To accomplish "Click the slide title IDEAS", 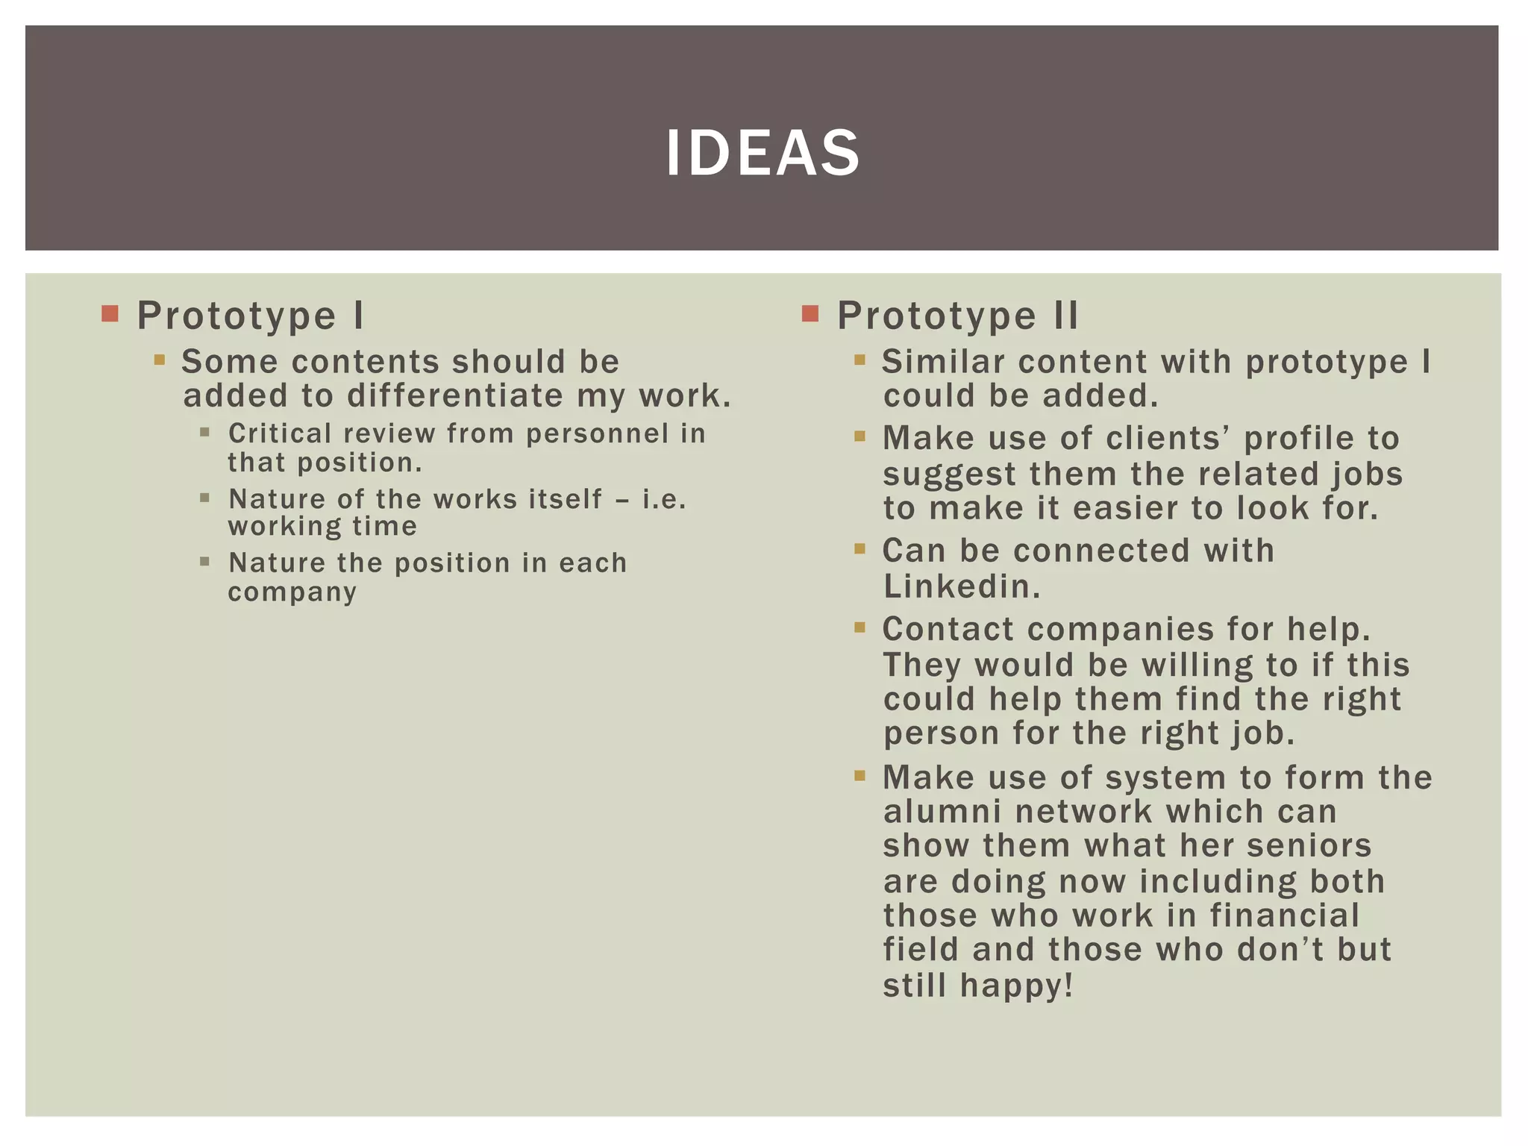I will pyautogui.click(x=763, y=153).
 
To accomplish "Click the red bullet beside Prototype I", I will pyautogui.click(x=110, y=313).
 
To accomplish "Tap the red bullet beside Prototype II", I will pyautogui.click(x=810, y=313).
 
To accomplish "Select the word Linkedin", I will pyautogui.click(x=961, y=586).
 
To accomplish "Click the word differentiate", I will pyautogui.click(x=455, y=395).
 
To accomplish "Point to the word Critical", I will pyautogui.click(x=280, y=433).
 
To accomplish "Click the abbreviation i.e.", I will pyautogui.click(x=663, y=499).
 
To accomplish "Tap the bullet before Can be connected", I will pyautogui.click(x=859, y=549).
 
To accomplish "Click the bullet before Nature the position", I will pyautogui.click(x=204, y=561).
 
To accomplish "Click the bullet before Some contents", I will pyautogui.click(x=159, y=360).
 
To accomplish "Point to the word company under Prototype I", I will pyautogui.click(x=292, y=592).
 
